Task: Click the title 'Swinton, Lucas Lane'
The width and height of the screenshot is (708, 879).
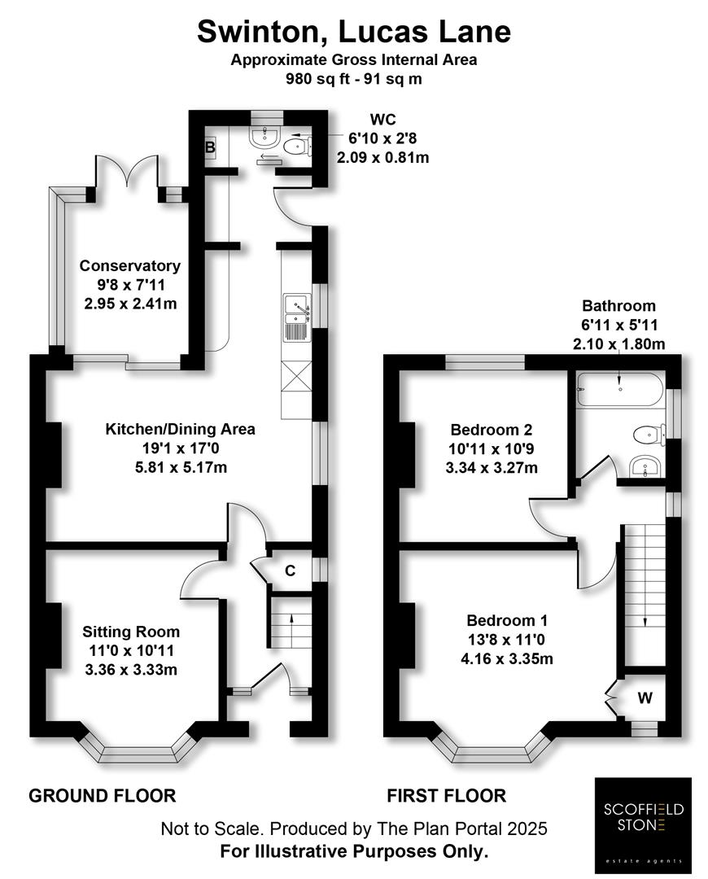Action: (x=354, y=32)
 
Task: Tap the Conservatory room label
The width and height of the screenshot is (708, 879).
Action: (x=129, y=266)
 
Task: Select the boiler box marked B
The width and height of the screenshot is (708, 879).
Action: (x=209, y=148)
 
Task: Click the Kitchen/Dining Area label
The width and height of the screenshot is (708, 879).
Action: (x=181, y=429)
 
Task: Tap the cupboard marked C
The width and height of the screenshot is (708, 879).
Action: (x=289, y=571)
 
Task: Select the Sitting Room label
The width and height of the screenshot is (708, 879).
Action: (x=131, y=632)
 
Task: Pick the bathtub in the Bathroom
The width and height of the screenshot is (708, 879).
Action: (x=620, y=389)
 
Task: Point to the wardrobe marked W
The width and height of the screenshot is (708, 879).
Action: (x=645, y=698)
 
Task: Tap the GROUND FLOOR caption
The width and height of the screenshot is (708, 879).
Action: (x=103, y=795)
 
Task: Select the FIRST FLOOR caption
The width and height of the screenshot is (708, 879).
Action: (x=446, y=795)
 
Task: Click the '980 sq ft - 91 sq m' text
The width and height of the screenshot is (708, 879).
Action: (x=354, y=80)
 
